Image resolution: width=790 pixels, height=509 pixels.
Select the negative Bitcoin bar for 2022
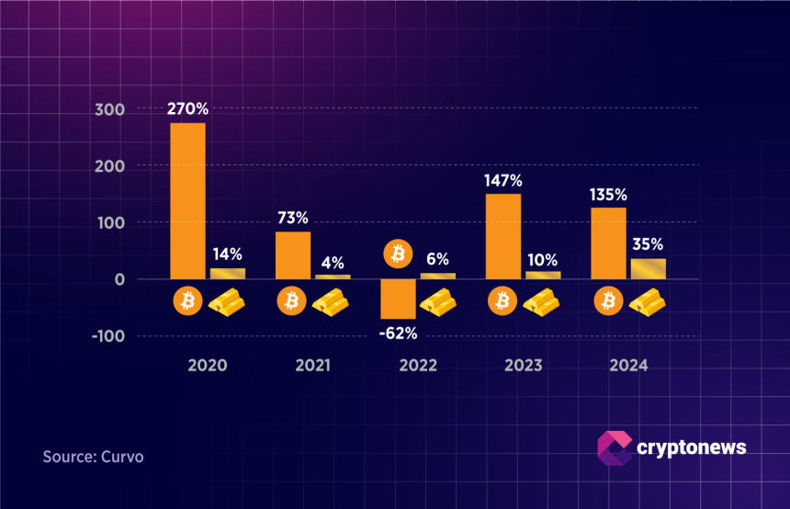click(x=398, y=299)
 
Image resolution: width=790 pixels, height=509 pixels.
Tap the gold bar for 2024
click(x=648, y=268)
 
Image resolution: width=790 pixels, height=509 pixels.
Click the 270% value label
click(x=187, y=108)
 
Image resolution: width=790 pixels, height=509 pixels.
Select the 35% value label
click(x=647, y=244)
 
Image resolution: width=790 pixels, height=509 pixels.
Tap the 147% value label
click(x=503, y=180)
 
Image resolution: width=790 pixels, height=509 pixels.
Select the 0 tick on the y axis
click(x=119, y=279)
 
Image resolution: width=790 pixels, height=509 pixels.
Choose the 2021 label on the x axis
click(x=313, y=365)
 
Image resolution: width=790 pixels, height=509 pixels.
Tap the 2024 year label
click(x=628, y=365)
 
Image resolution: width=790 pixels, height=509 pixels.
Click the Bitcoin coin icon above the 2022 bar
click(x=398, y=254)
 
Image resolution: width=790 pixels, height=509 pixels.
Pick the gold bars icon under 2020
click(x=227, y=300)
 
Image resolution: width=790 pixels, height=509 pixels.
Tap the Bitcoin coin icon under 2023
click(x=502, y=300)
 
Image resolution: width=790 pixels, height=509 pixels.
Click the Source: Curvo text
click(x=93, y=457)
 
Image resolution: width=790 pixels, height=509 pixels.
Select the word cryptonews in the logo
click(x=691, y=447)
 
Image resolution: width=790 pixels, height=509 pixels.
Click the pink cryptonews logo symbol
click(x=613, y=447)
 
